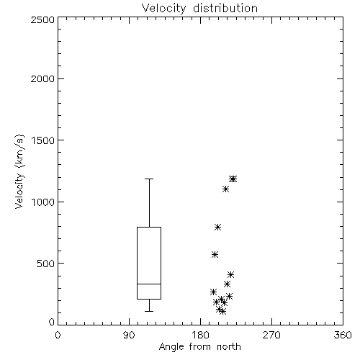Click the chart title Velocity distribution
(199, 9)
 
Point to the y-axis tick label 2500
(42, 19)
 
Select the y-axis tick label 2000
(42, 78)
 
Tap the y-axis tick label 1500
(43, 140)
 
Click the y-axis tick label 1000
(43, 202)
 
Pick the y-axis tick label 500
(46, 264)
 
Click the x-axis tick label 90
(129, 335)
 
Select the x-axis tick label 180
(200, 335)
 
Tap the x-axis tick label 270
(271, 335)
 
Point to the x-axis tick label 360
(343, 335)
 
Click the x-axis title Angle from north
(200, 347)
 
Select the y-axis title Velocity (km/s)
(19, 171)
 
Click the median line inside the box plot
(149, 284)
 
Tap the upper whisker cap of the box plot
(149, 179)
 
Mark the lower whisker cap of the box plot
(149, 311)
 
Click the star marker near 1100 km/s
(225, 189)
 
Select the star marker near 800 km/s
(217, 227)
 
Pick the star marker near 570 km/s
(215, 254)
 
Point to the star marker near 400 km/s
(230, 274)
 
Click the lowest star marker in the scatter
(222, 312)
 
